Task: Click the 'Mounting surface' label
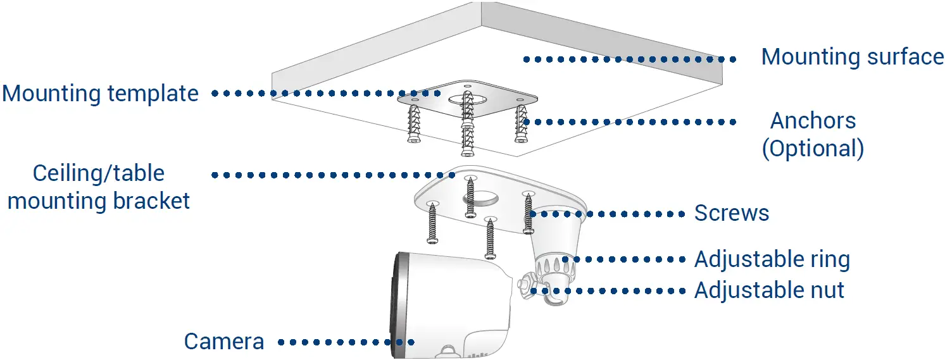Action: coord(852,57)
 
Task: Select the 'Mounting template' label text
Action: coord(100,94)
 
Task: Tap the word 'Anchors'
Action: coord(813,121)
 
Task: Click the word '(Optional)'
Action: coord(813,149)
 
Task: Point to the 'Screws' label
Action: coord(731,213)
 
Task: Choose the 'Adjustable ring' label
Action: coord(772,259)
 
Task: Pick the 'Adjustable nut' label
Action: coord(769,290)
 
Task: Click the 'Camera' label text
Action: coord(223,342)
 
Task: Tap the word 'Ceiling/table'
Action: coord(99,173)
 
